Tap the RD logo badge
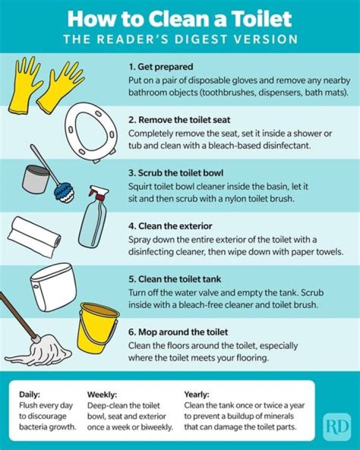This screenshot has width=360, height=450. pos(336,426)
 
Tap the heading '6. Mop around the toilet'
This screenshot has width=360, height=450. pos(178,332)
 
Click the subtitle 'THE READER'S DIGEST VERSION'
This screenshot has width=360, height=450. pos(179,39)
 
